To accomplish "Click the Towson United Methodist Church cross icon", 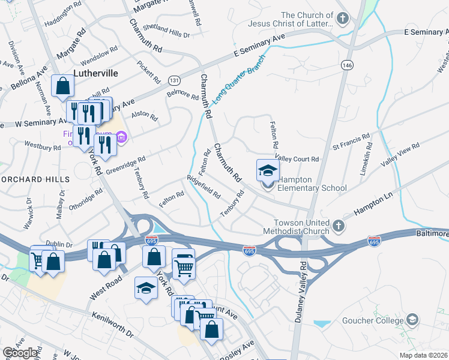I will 339,226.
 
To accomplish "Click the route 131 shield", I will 174,80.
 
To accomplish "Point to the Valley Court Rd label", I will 296,158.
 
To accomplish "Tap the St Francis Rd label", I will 351,142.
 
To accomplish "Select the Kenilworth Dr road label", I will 112,324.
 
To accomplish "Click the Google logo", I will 20,353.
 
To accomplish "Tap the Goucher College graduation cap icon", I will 412,319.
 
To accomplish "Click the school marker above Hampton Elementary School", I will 268,170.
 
